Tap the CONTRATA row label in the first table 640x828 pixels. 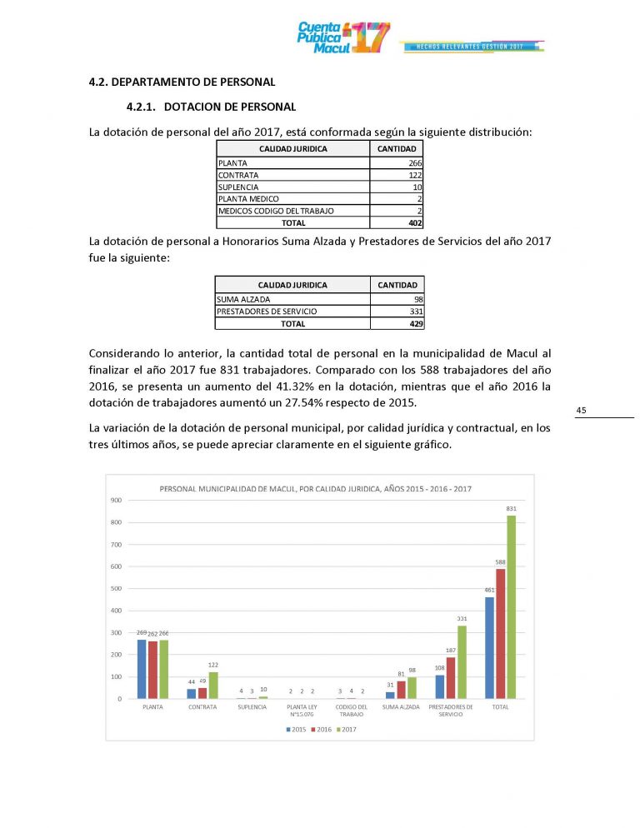[238, 176]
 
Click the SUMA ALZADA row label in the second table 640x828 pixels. [243, 299]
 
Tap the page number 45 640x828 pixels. [581, 410]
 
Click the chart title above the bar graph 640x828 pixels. [315, 488]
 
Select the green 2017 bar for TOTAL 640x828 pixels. [511, 606]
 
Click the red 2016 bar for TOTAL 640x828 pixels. [500, 633]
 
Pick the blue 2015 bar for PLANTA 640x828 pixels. [142, 669]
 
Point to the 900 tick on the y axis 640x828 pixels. [116, 500]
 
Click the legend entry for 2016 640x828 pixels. [322, 730]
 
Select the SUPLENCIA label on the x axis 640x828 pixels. [252, 707]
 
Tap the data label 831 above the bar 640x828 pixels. [511, 508]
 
